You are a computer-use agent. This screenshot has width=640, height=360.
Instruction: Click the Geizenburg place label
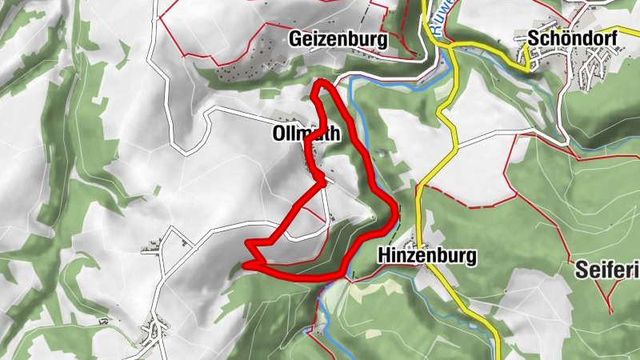pyautogui.click(x=339, y=39)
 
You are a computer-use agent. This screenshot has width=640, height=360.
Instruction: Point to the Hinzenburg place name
pyautogui.click(x=426, y=256)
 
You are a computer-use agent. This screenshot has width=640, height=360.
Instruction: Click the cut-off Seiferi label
pyautogui.click(x=607, y=271)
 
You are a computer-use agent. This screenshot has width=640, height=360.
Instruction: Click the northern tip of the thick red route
pyautogui.click(x=322, y=82)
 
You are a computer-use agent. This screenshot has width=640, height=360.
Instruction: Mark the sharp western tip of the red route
pyautogui.click(x=245, y=262)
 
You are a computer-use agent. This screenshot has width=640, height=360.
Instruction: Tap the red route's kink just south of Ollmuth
pyautogui.click(x=321, y=173)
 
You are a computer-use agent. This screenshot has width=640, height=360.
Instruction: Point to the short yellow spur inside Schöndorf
pyautogui.click(x=526, y=56)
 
